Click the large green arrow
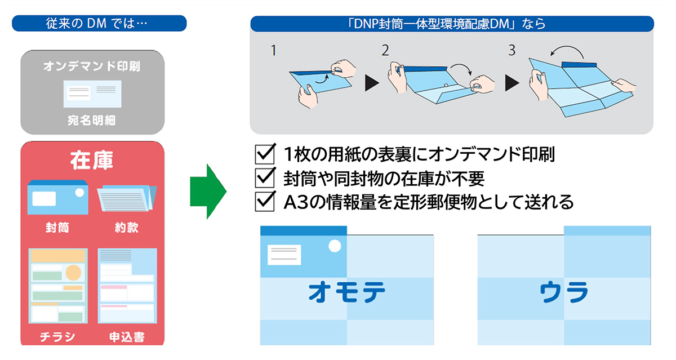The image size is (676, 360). click(x=207, y=192)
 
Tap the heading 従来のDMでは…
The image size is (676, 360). click(x=99, y=24)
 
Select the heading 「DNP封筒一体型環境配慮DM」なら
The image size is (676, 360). click(x=452, y=24)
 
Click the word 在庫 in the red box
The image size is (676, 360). click(x=92, y=161)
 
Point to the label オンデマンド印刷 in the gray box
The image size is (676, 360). click(x=92, y=66)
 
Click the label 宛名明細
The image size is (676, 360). click(x=92, y=121)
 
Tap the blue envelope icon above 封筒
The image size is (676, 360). click(x=58, y=197)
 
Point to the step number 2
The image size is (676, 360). click(x=385, y=51)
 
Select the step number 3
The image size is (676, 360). click(x=512, y=51)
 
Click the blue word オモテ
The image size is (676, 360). click(x=347, y=292)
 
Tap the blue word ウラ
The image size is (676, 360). click(x=564, y=292)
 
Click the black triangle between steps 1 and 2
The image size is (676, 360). click(x=373, y=84)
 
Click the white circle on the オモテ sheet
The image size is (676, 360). click(x=334, y=246)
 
